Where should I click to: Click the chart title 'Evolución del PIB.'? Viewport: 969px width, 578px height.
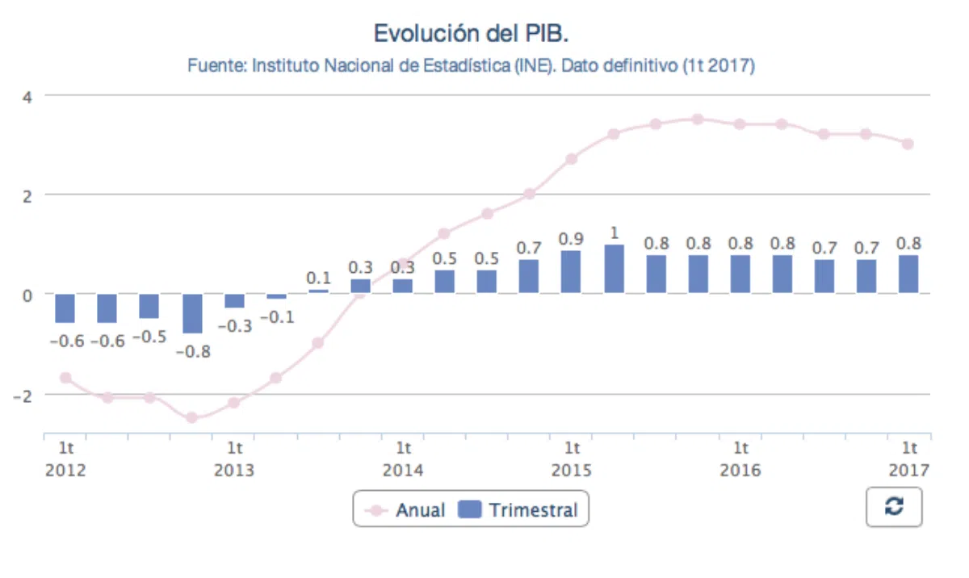coord(471,33)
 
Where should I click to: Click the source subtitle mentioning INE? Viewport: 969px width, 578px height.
coord(471,65)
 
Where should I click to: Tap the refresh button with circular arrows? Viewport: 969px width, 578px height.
coord(894,507)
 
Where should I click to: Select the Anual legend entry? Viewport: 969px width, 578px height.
coord(405,510)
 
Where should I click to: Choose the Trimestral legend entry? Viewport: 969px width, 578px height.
coord(518,510)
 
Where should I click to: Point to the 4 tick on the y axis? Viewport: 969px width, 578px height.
coord(27,97)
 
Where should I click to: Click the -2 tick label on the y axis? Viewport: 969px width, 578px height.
coord(23,396)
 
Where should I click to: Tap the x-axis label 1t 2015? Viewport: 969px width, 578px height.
coord(571,459)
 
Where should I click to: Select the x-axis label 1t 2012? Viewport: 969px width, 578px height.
coord(65,459)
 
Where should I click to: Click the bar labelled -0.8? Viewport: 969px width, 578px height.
coord(192,313)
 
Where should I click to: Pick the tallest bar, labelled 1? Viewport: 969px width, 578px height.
coord(614,269)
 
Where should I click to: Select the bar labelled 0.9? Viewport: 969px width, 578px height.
coord(571,272)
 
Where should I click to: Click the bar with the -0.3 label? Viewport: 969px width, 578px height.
coord(234,301)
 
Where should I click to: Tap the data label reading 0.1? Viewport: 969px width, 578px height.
coord(318,278)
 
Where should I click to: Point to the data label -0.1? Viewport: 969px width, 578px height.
coord(277,317)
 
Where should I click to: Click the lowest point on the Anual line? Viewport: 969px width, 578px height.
coord(191,417)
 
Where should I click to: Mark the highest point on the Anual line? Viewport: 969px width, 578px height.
coord(698,119)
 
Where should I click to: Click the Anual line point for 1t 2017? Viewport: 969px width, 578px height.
coord(908,144)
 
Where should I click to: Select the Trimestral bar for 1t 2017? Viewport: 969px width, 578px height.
coord(908,274)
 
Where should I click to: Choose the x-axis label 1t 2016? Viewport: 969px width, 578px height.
coord(740,459)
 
